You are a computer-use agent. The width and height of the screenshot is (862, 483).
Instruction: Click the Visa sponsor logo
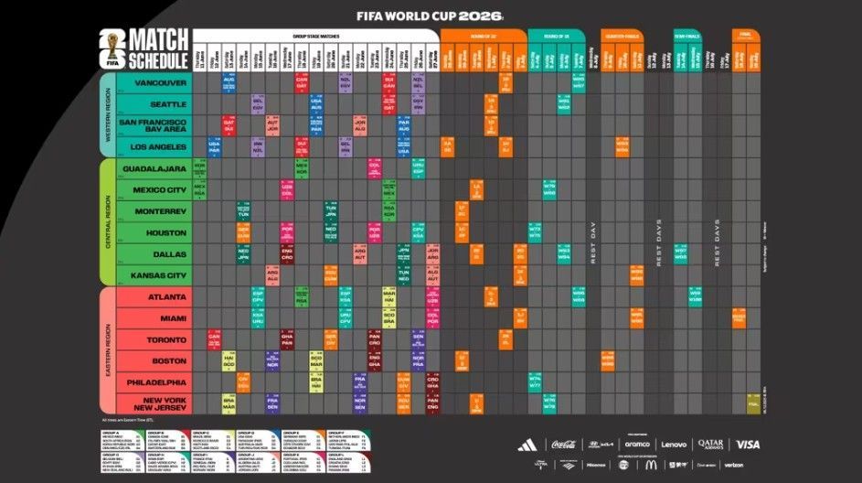coord(747,445)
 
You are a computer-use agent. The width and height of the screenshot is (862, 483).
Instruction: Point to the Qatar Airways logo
coord(710,445)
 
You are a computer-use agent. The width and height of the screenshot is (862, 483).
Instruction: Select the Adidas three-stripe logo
coord(527,445)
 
